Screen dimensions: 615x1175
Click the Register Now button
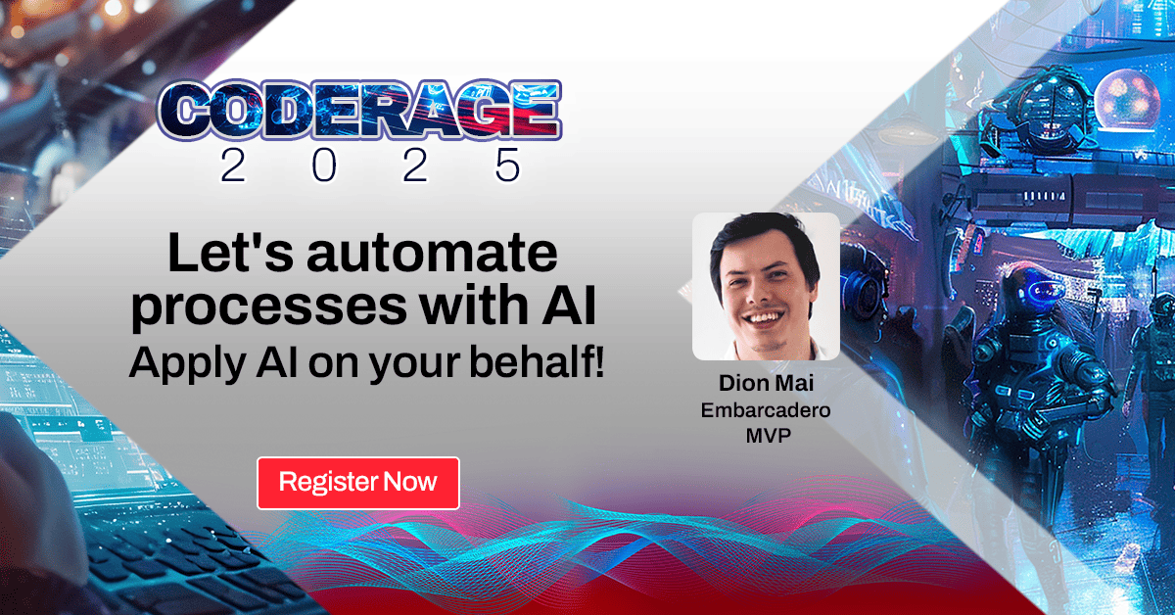pyautogui.click(x=357, y=483)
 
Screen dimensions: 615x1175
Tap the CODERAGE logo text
pyautogui.click(x=359, y=112)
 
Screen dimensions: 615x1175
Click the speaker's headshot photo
pyautogui.click(x=766, y=286)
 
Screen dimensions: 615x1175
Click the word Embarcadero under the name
pyautogui.click(x=766, y=410)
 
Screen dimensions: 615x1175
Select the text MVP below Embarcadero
pyautogui.click(x=766, y=435)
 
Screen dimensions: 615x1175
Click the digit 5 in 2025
pyautogui.click(x=507, y=166)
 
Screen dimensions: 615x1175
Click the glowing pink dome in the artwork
pyautogui.click(x=1126, y=98)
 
